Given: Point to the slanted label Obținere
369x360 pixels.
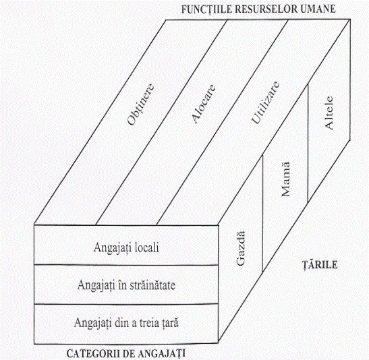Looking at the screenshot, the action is point(141,104).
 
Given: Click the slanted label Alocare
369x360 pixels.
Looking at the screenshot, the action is point(203,104).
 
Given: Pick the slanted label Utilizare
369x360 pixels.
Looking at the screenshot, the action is point(265,102).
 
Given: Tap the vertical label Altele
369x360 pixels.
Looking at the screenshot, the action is point(329,113).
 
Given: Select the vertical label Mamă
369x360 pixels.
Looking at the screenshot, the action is point(285,179).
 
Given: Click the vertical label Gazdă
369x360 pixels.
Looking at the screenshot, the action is point(241,249).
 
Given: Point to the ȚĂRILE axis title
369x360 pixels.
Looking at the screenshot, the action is point(320,265).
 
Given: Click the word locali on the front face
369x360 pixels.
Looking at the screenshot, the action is point(147,247).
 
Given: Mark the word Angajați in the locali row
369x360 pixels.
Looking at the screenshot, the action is point(113,248).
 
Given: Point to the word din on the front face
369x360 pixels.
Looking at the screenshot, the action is point(121,323).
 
